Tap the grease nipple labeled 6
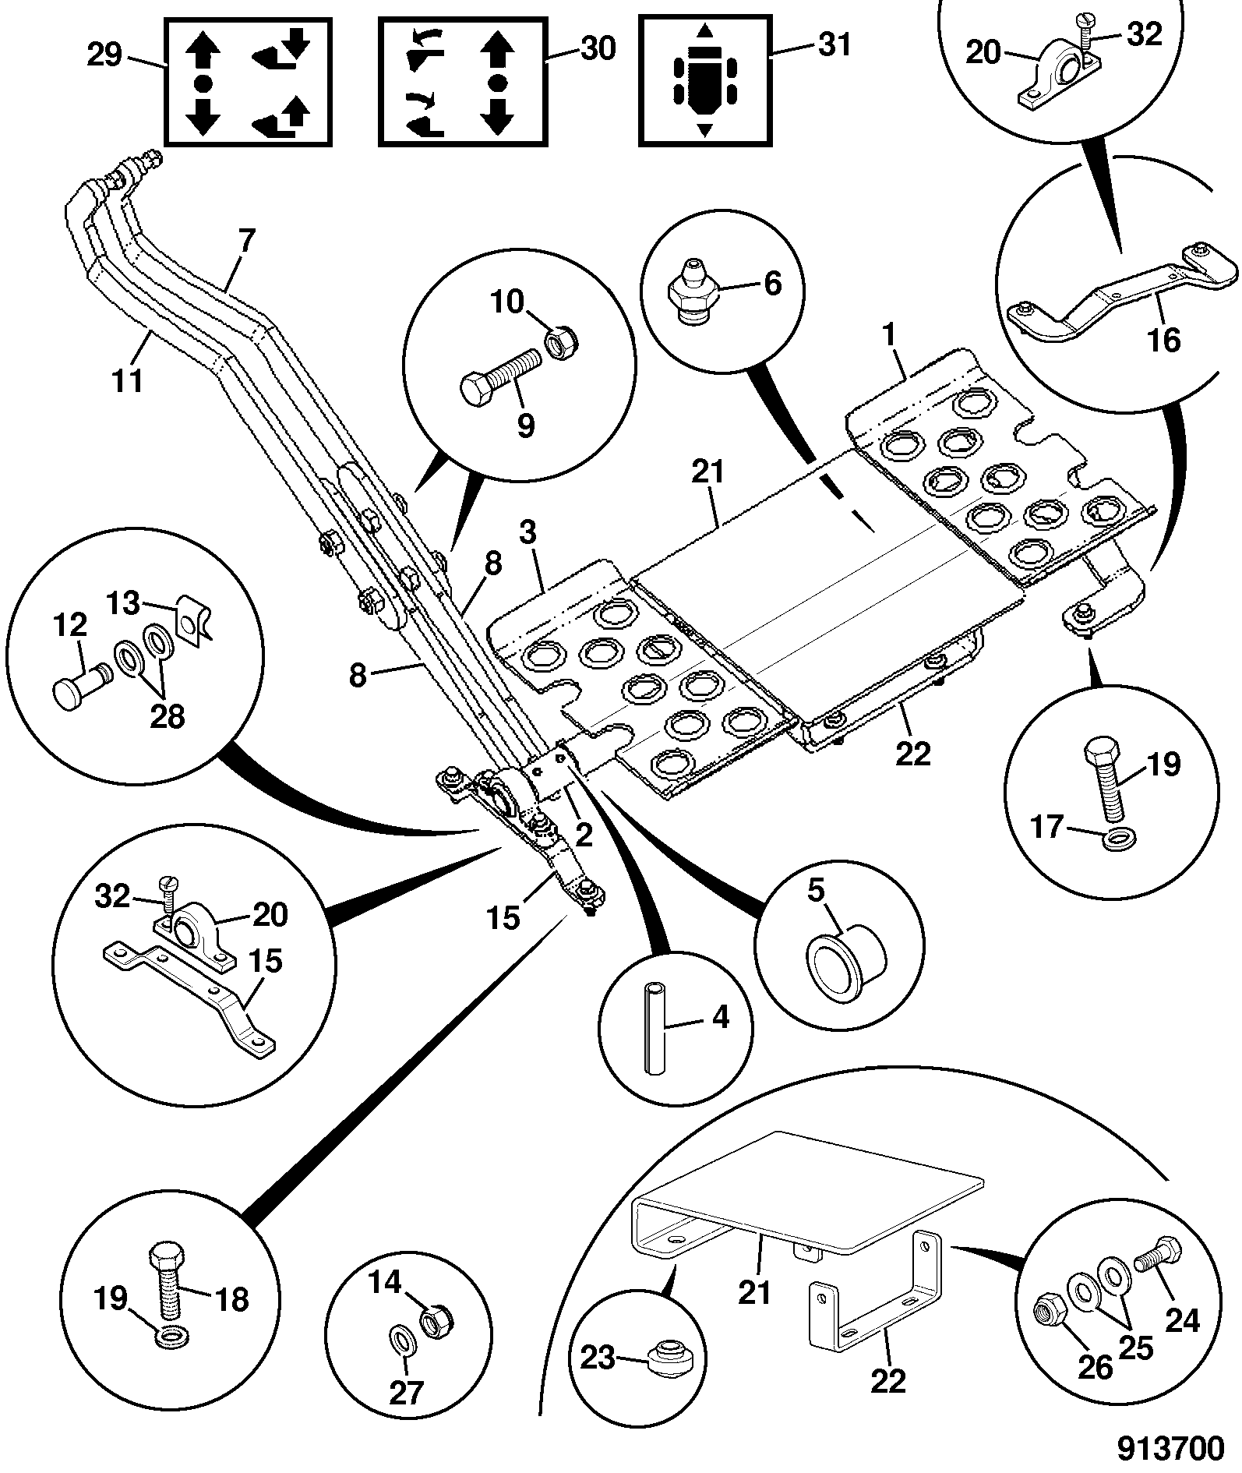(x=692, y=291)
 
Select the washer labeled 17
(x=1120, y=839)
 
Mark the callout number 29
(x=104, y=55)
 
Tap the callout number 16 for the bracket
(x=1166, y=341)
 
